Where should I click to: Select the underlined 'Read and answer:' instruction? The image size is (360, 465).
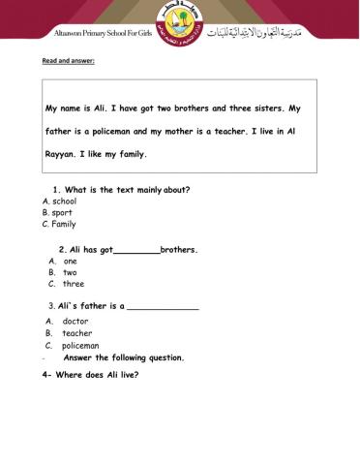tap(67, 61)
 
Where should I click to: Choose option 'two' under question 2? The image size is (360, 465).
tap(70, 273)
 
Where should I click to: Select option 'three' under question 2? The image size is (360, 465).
tap(73, 285)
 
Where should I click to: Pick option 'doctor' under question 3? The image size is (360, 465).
tap(75, 321)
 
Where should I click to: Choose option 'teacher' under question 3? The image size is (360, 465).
tap(76, 332)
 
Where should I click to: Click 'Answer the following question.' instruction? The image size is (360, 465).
tap(123, 356)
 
